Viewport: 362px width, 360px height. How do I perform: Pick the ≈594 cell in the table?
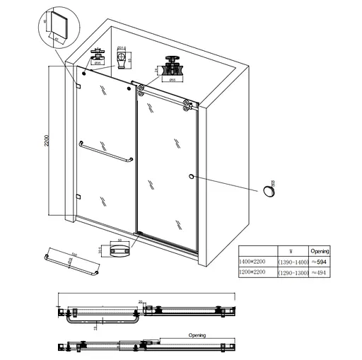click(x=319, y=261)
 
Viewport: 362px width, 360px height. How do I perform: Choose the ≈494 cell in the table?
click(x=319, y=272)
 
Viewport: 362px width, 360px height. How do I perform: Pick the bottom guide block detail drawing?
click(x=121, y=249)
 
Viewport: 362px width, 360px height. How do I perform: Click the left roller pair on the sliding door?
click(x=141, y=89)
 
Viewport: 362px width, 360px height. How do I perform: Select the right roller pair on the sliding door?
click(x=187, y=105)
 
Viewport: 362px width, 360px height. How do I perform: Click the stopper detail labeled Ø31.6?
click(x=123, y=57)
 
